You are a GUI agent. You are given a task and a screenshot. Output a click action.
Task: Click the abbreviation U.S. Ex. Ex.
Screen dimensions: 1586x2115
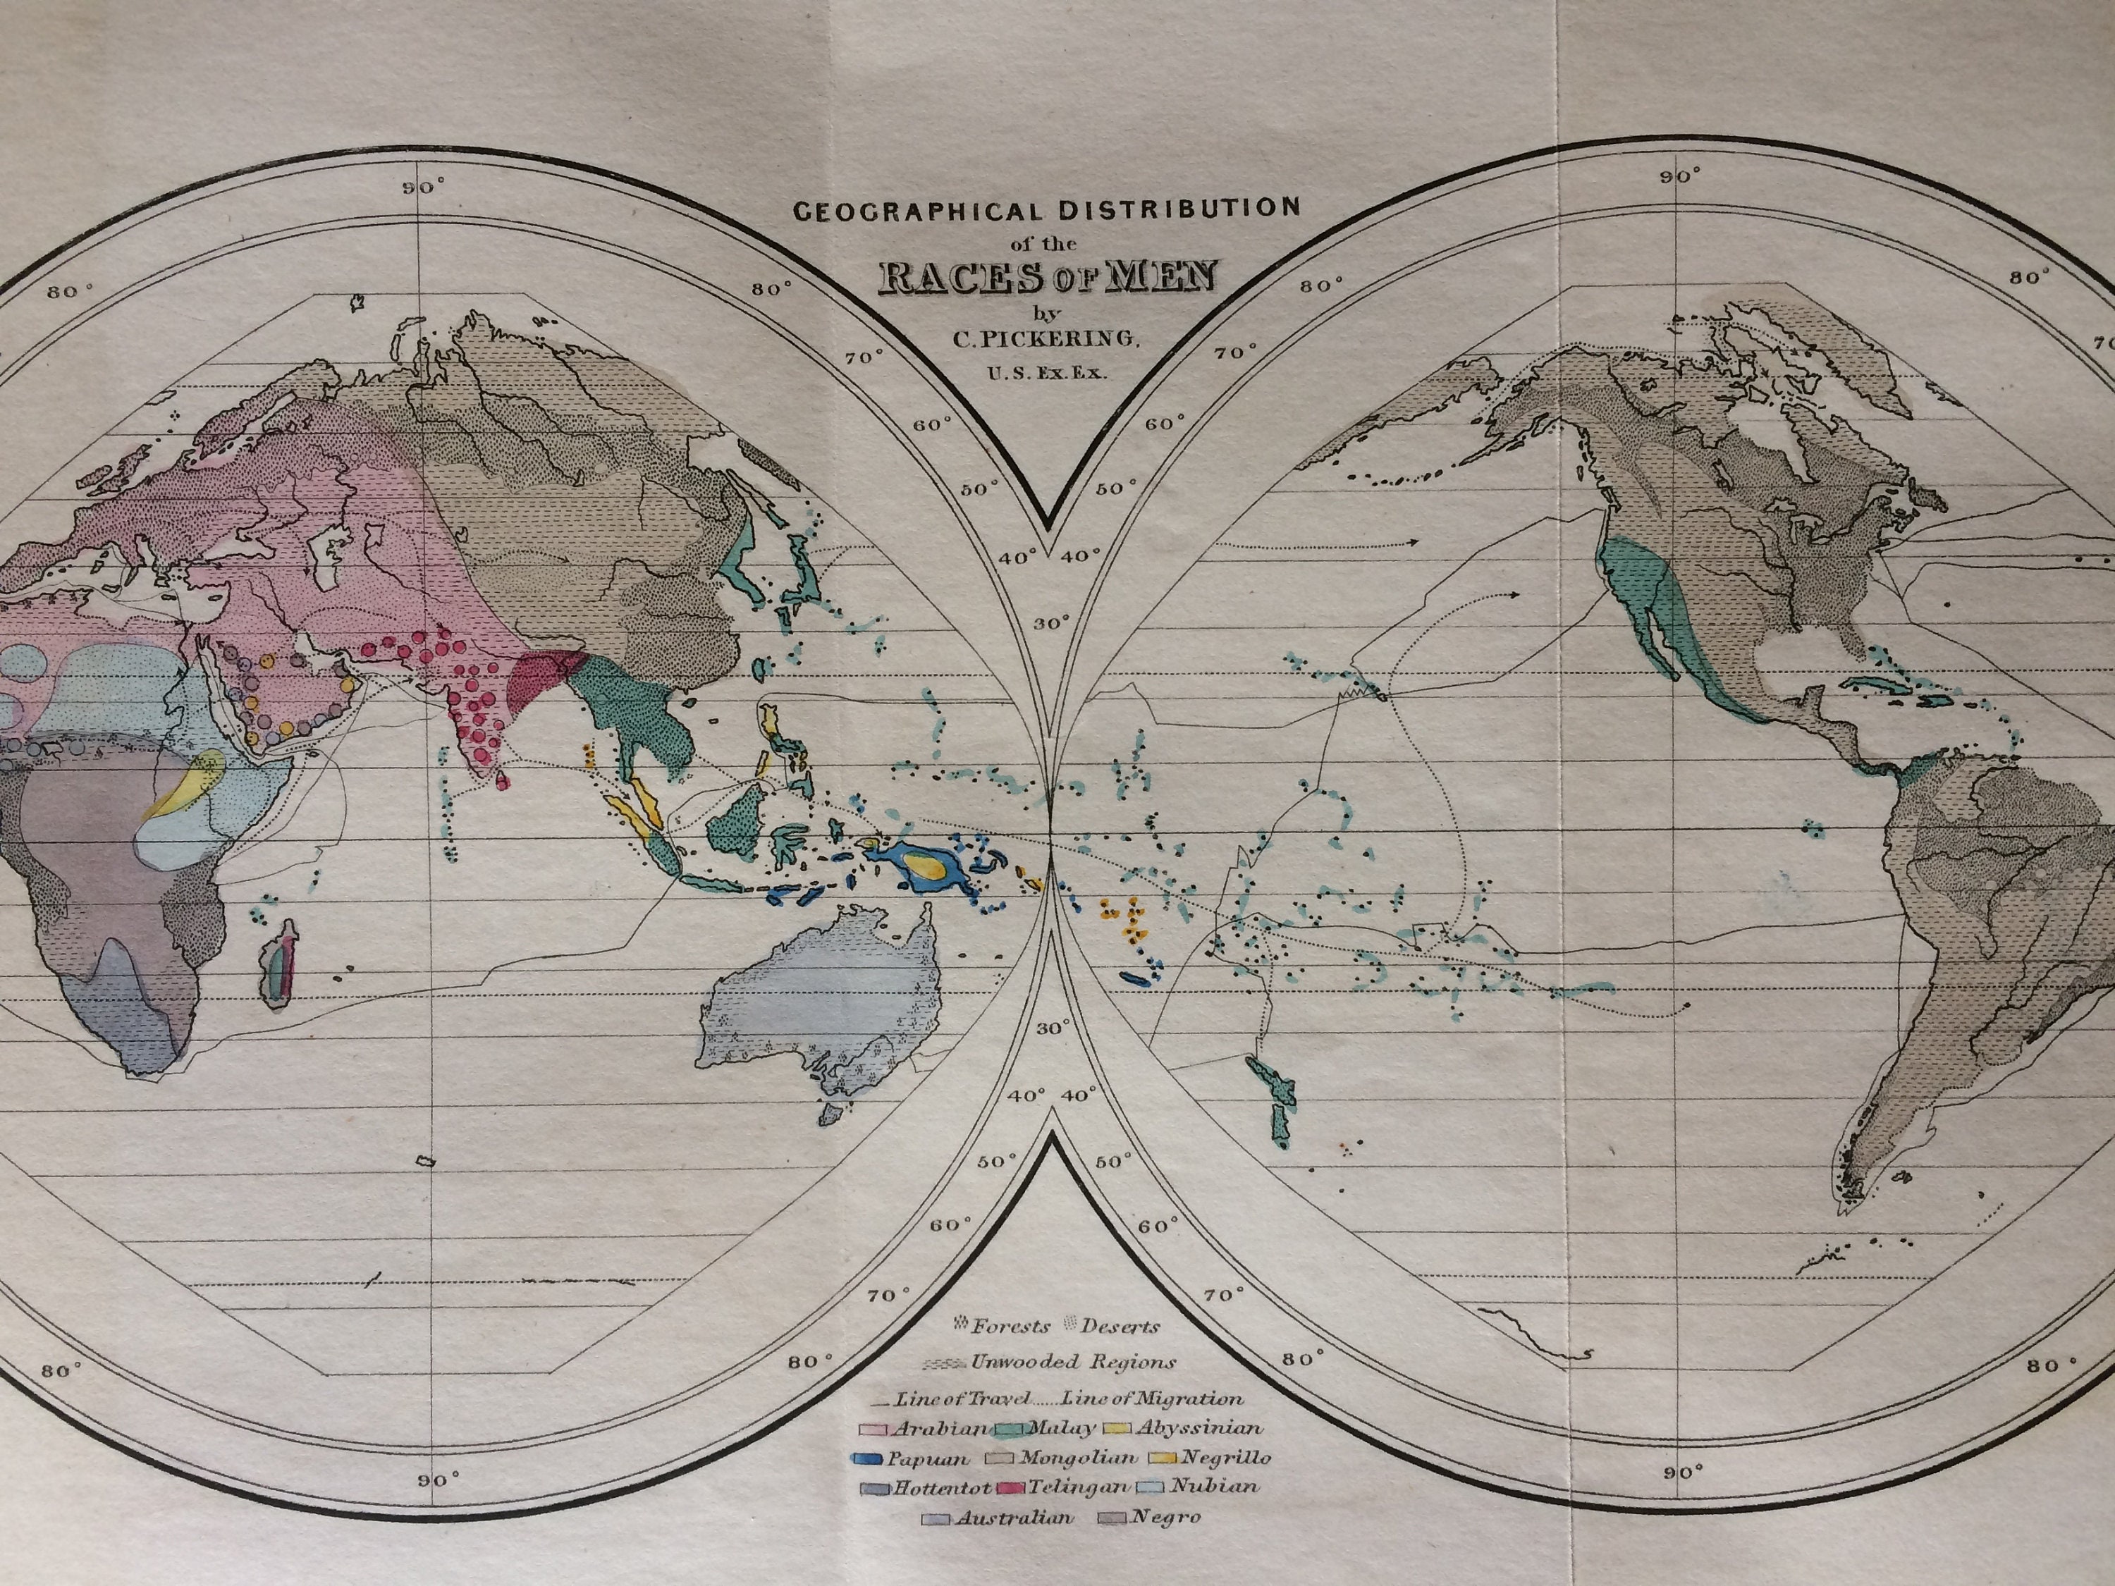click(x=1048, y=373)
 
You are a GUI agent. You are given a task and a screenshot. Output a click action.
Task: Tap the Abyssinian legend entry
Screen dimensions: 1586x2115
click(x=1183, y=1428)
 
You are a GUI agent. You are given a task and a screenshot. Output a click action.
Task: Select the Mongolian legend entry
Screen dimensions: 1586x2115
click(x=1063, y=1458)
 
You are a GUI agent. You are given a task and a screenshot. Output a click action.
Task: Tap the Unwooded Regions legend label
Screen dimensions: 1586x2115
click(x=1070, y=1363)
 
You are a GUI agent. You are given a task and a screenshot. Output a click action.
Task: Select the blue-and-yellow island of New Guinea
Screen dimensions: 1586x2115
click(x=923, y=868)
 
